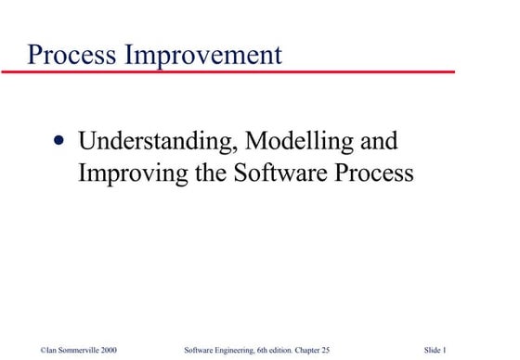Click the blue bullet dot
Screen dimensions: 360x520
(60, 143)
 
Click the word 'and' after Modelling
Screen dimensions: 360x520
(377, 142)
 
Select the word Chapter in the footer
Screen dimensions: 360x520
(315, 349)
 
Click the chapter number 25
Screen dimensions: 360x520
(335, 349)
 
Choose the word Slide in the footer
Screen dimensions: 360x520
(434, 349)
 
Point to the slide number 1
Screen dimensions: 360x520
(448, 349)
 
